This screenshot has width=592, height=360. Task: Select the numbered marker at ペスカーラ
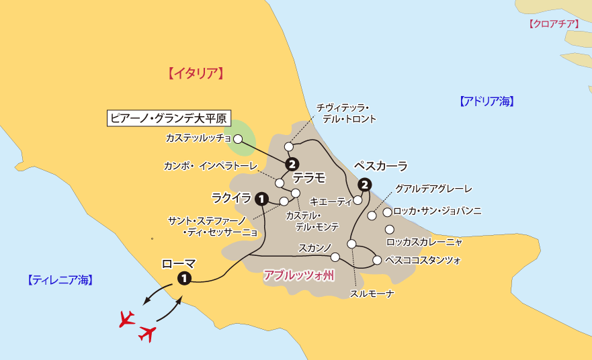pos(364,184)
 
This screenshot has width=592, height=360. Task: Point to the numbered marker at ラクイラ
pos(262,198)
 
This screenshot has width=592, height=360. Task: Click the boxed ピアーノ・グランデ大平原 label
pos(169,120)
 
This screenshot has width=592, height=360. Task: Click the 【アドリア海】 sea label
pos(487,101)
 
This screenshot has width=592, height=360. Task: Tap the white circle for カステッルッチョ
pos(237,138)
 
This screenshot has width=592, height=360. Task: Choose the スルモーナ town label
pos(371,294)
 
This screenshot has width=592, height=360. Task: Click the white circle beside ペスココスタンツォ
pos(377,260)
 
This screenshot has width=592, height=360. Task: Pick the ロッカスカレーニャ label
pos(424,240)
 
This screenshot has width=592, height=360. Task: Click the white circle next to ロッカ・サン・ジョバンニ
pos(387,212)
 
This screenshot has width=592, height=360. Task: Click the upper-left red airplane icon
pos(126,318)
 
